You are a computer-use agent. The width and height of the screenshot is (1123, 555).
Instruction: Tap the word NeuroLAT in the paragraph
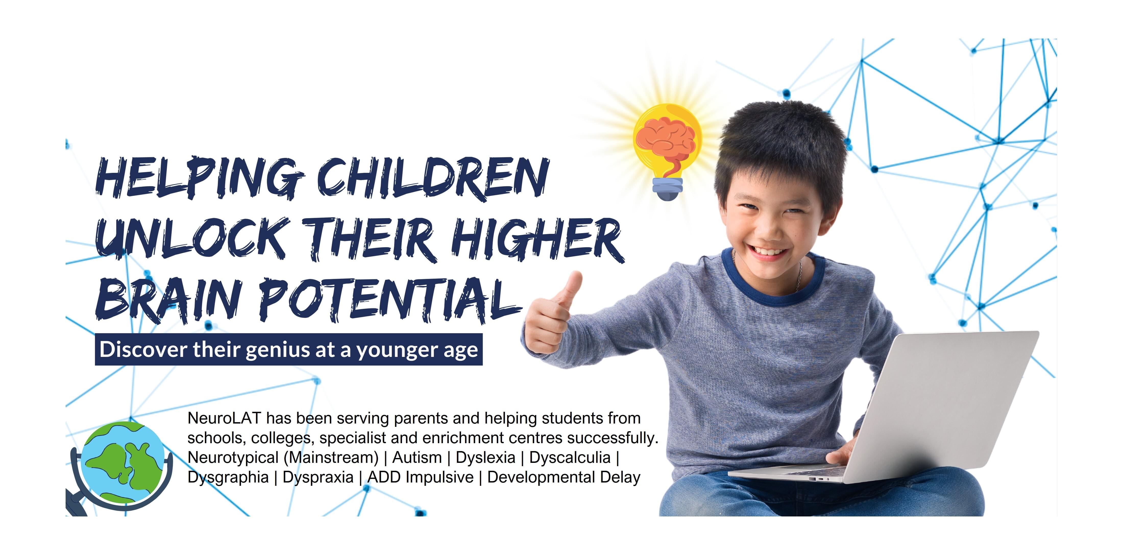pos(224,418)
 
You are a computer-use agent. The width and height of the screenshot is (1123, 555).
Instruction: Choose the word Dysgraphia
pos(228,477)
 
